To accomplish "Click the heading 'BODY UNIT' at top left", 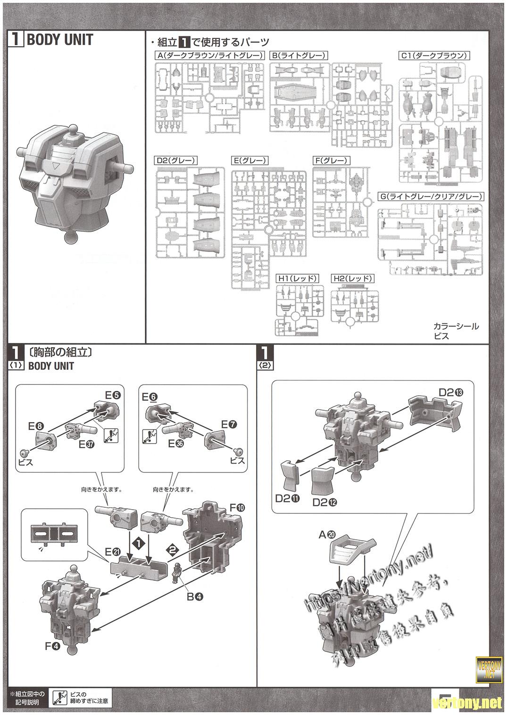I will click(x=59, y=40).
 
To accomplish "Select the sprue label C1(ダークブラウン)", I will click(x=434, y=56).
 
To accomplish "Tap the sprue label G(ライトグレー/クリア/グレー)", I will click(x=431, y=196).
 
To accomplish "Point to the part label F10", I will click(x=236, y=508).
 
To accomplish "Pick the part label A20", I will click(x=327, y=535).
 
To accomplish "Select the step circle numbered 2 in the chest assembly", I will click(x=172, y=549).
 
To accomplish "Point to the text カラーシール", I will click(x=456, y=326).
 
